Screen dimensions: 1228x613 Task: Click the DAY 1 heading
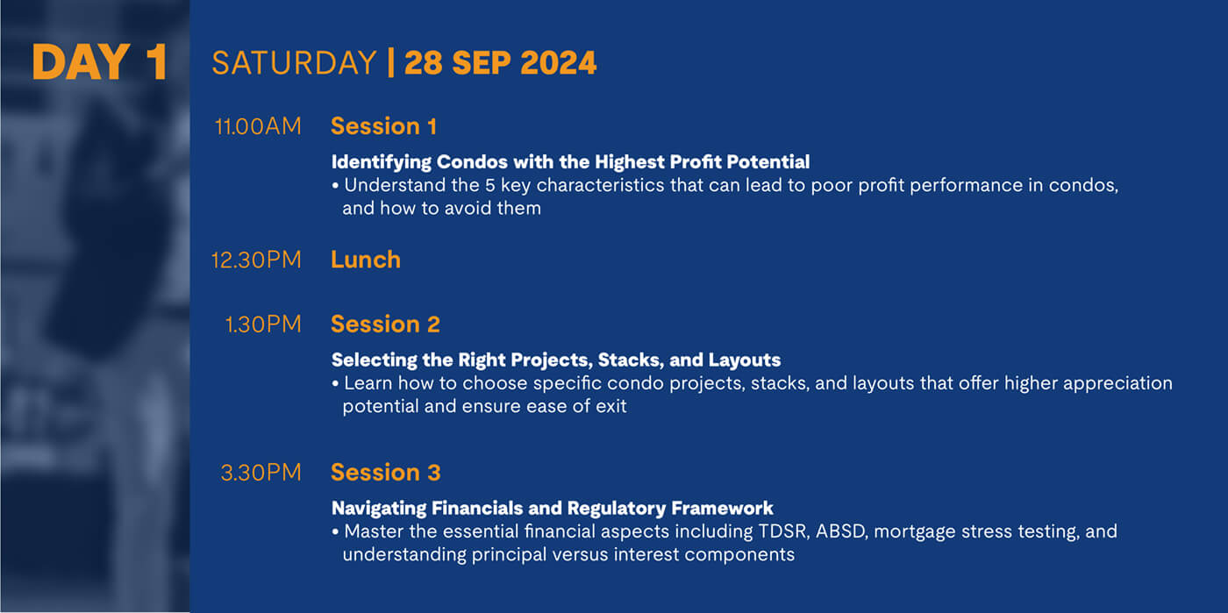tap(99, 62)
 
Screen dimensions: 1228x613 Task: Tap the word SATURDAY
tap(294, 62)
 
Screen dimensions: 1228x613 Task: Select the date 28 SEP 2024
tap(500, 62)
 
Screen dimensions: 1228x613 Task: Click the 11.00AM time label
tap(258, 126)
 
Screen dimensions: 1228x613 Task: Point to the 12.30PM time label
tap(256, 260)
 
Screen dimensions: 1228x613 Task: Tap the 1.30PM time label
tap(263, 324)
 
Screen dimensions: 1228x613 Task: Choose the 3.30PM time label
tap(261, 472)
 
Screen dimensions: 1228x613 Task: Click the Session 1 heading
tap(384, 126)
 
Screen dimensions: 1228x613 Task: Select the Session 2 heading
tap(385, 324)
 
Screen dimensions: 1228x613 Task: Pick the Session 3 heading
tap(386, 472)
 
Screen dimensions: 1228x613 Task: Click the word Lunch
tap(366, 260)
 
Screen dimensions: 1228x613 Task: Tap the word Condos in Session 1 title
tap(472, 161)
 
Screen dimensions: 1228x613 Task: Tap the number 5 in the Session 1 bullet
tap(490, 185)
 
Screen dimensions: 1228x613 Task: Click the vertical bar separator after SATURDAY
tap(391, 62)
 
